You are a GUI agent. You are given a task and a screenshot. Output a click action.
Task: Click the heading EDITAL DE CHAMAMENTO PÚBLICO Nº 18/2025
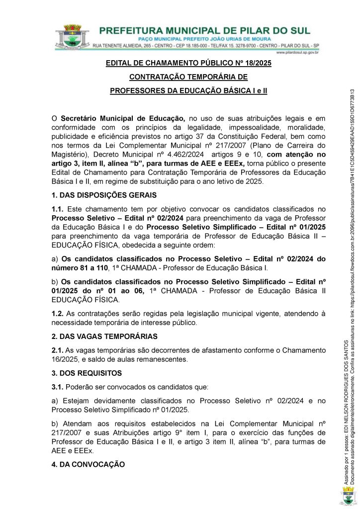188,64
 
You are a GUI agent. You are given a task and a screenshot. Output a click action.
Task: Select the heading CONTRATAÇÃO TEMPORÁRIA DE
188,77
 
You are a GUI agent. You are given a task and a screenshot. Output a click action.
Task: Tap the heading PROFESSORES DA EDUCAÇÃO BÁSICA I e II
188,91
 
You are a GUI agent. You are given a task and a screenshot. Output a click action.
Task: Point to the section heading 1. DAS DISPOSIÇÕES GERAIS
104,195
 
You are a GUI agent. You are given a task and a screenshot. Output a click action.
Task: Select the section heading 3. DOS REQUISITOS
87,373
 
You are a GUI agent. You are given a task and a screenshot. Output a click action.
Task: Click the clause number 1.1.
57,209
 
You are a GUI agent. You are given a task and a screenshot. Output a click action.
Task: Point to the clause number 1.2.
57,313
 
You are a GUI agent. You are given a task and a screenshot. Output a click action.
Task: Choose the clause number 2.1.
57,350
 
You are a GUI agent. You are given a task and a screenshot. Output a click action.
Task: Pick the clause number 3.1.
57,387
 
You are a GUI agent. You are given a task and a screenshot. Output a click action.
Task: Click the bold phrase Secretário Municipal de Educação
123,119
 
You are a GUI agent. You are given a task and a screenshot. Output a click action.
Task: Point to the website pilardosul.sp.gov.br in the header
297,52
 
